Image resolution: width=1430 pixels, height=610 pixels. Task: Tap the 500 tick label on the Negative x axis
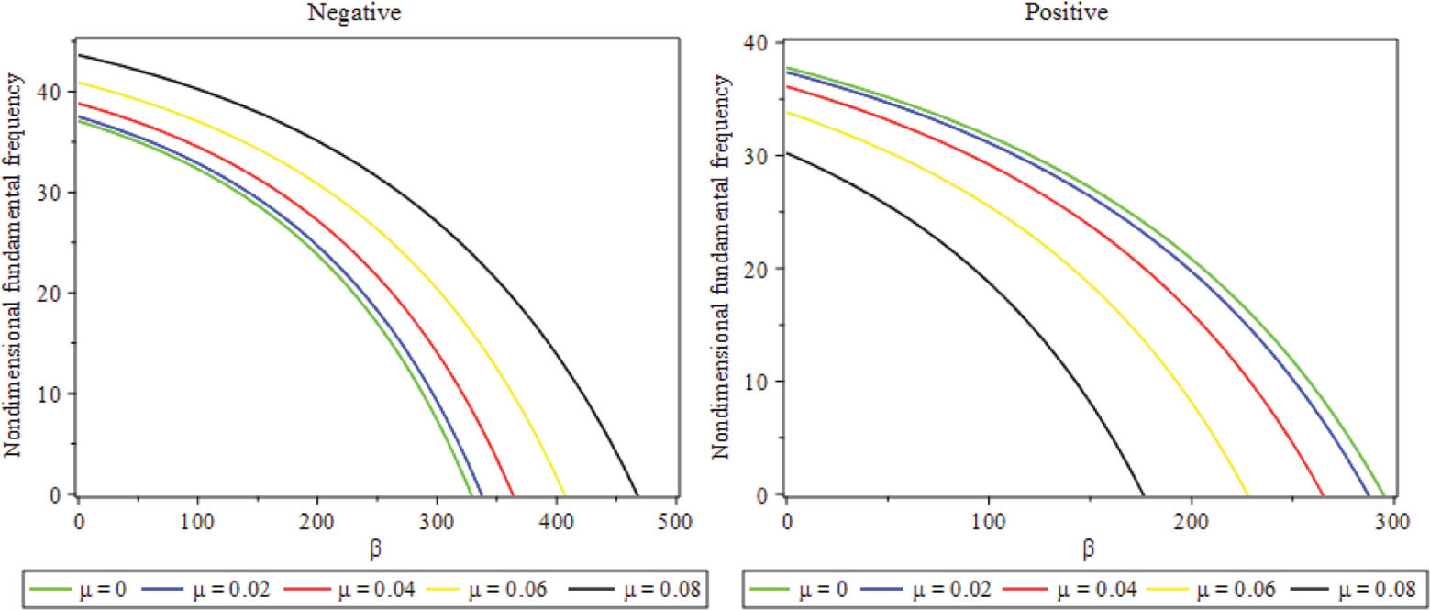click(676, 517)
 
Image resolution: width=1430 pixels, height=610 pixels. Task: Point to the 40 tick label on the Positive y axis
click(760, 42)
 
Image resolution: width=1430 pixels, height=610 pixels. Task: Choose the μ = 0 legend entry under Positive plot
click(784, 590)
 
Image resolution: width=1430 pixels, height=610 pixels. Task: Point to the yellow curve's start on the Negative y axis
click(79, 83)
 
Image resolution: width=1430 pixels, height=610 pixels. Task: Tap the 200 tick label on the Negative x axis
click(317, 517)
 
